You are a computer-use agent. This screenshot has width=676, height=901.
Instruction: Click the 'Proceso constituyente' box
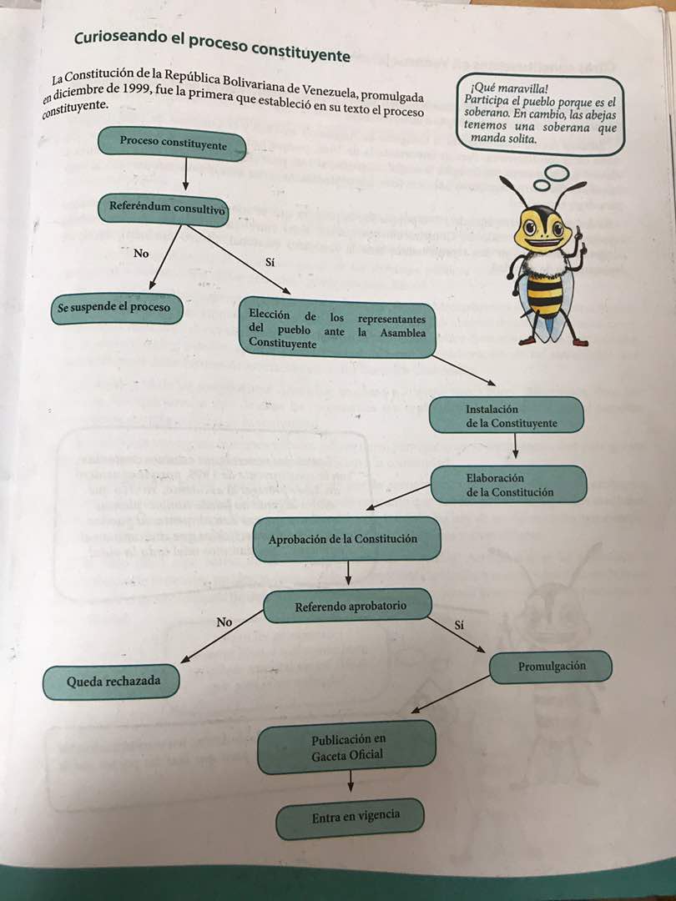[x=173, y=143]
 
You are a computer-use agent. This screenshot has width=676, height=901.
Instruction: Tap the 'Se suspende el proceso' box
[x=114, y=308]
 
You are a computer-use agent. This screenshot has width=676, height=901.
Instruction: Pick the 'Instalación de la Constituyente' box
[x=506, y=415]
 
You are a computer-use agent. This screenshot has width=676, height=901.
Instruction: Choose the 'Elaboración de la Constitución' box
[x=508, y=485]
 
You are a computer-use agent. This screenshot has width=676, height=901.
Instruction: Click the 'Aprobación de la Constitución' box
[x=346, y=539]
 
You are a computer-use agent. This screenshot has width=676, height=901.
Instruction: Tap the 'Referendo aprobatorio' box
[x=350, y=607]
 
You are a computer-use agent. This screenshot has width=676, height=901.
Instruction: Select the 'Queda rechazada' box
[x=113, y=682]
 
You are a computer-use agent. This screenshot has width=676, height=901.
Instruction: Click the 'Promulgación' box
[x=551, y=667]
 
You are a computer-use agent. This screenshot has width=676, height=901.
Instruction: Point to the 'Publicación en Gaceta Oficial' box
[x=347, y=747]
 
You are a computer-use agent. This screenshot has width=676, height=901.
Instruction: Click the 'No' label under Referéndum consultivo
[x=141, y=253]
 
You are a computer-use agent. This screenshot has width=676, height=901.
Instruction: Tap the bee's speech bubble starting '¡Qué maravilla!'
[x=540, y=114]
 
